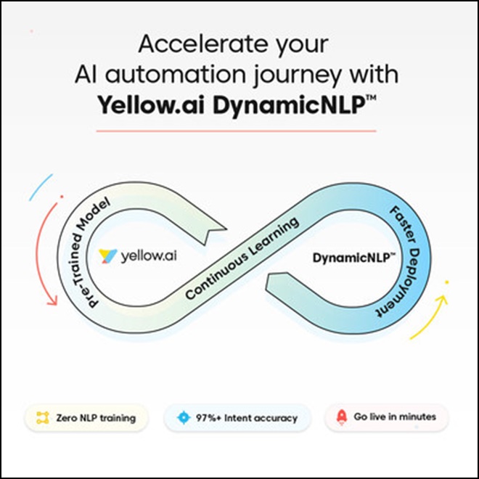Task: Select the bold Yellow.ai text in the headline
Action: click(151, 105)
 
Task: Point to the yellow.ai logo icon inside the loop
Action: click(107, 255)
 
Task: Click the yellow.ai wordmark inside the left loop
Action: click(149, 255)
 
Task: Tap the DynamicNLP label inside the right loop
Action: click(353, 258)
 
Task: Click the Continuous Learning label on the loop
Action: click(242, 258)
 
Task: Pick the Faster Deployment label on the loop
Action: click(403, 262)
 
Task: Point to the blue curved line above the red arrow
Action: click(41, 187)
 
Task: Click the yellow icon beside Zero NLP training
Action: click(43, 417)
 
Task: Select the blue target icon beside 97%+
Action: click(184, 417)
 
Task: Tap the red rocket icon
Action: click(342, 417)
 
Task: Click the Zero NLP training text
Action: click(96, 418)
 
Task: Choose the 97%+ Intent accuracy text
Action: click(247, 418)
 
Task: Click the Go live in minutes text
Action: click(395, 417)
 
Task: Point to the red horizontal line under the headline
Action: click(236, 131)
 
